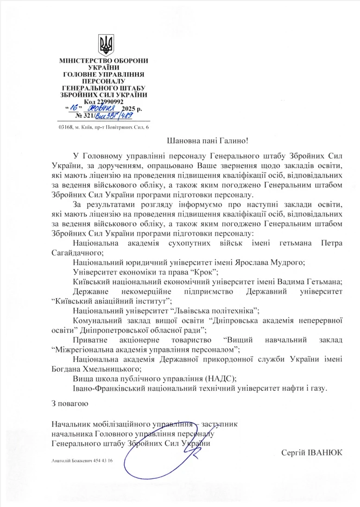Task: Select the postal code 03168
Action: pos(67,127)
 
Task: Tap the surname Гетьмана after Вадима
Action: pos(334,282)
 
